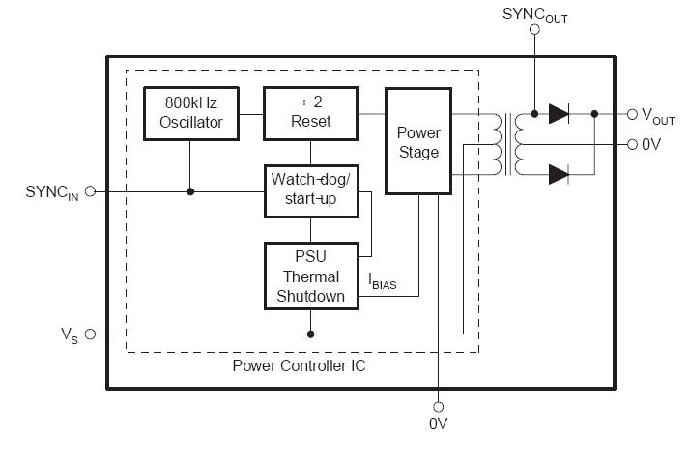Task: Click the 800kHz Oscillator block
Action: (190, 113)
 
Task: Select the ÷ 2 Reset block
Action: (310, 113)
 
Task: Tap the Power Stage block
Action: (417, 140)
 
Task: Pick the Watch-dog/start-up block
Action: (310, 190)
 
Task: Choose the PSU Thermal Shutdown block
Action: (310, 276)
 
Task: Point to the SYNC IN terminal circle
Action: (91, 191)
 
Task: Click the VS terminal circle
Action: (91, 334)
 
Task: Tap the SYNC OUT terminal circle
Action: (534, 31)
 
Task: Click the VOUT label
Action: (658, 115)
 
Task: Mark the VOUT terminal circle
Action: (632, 114)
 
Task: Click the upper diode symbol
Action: (559, 114)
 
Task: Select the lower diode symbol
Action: (559, 174)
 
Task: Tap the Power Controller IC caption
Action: (299, 366)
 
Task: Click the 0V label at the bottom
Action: (438, 423)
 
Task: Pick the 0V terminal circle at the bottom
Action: (438, 406)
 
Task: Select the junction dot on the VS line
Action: (310, 334)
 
